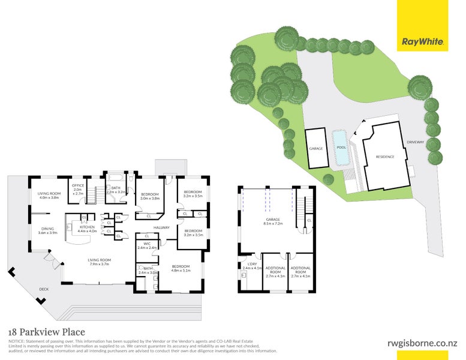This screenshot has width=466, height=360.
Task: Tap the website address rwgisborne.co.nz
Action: point(422,343)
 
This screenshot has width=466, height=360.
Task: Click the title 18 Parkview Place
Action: point(46,332)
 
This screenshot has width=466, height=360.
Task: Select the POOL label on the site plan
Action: point(341,148)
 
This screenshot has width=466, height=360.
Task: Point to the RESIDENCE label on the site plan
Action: point(385,157)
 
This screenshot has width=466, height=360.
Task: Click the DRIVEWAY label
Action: point(415,142)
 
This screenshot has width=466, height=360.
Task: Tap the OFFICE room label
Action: point(78,185)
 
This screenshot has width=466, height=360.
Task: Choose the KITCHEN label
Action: point(88,227)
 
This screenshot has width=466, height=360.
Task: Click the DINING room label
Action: point(47,228)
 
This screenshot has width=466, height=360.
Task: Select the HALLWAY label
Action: point(162,227)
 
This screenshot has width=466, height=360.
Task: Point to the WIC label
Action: point(146,244)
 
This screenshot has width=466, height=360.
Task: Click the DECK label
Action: point(43,289)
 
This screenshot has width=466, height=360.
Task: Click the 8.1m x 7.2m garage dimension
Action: point(273,224)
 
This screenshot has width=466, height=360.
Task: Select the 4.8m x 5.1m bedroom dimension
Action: point(181,271)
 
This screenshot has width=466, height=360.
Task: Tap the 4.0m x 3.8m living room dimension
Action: point(50,197)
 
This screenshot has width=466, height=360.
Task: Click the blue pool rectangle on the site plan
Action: point(341,148)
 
